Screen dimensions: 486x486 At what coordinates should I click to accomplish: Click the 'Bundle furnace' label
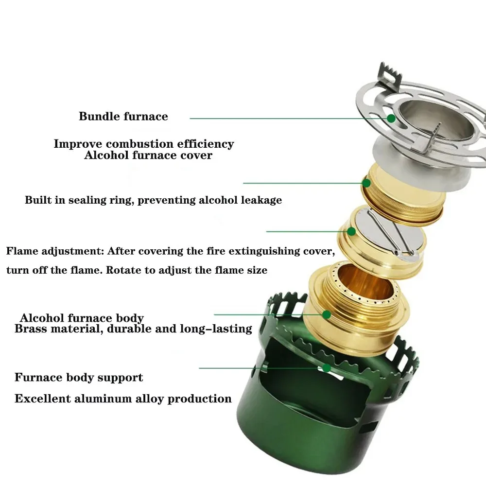123,117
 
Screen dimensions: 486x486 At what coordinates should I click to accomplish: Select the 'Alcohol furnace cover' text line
148,156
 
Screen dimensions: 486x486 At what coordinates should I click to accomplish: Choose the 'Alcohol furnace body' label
82,318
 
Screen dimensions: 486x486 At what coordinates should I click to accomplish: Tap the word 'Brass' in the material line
31,329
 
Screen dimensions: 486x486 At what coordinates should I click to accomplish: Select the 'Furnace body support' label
79,378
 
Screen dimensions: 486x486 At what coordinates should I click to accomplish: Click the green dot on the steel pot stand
391,118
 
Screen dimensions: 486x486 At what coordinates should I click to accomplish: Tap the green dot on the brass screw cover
366,183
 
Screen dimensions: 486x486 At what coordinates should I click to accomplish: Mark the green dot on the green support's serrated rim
327,367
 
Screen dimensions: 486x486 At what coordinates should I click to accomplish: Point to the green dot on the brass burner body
327,314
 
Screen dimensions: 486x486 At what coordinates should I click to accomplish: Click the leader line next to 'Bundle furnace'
287,118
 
